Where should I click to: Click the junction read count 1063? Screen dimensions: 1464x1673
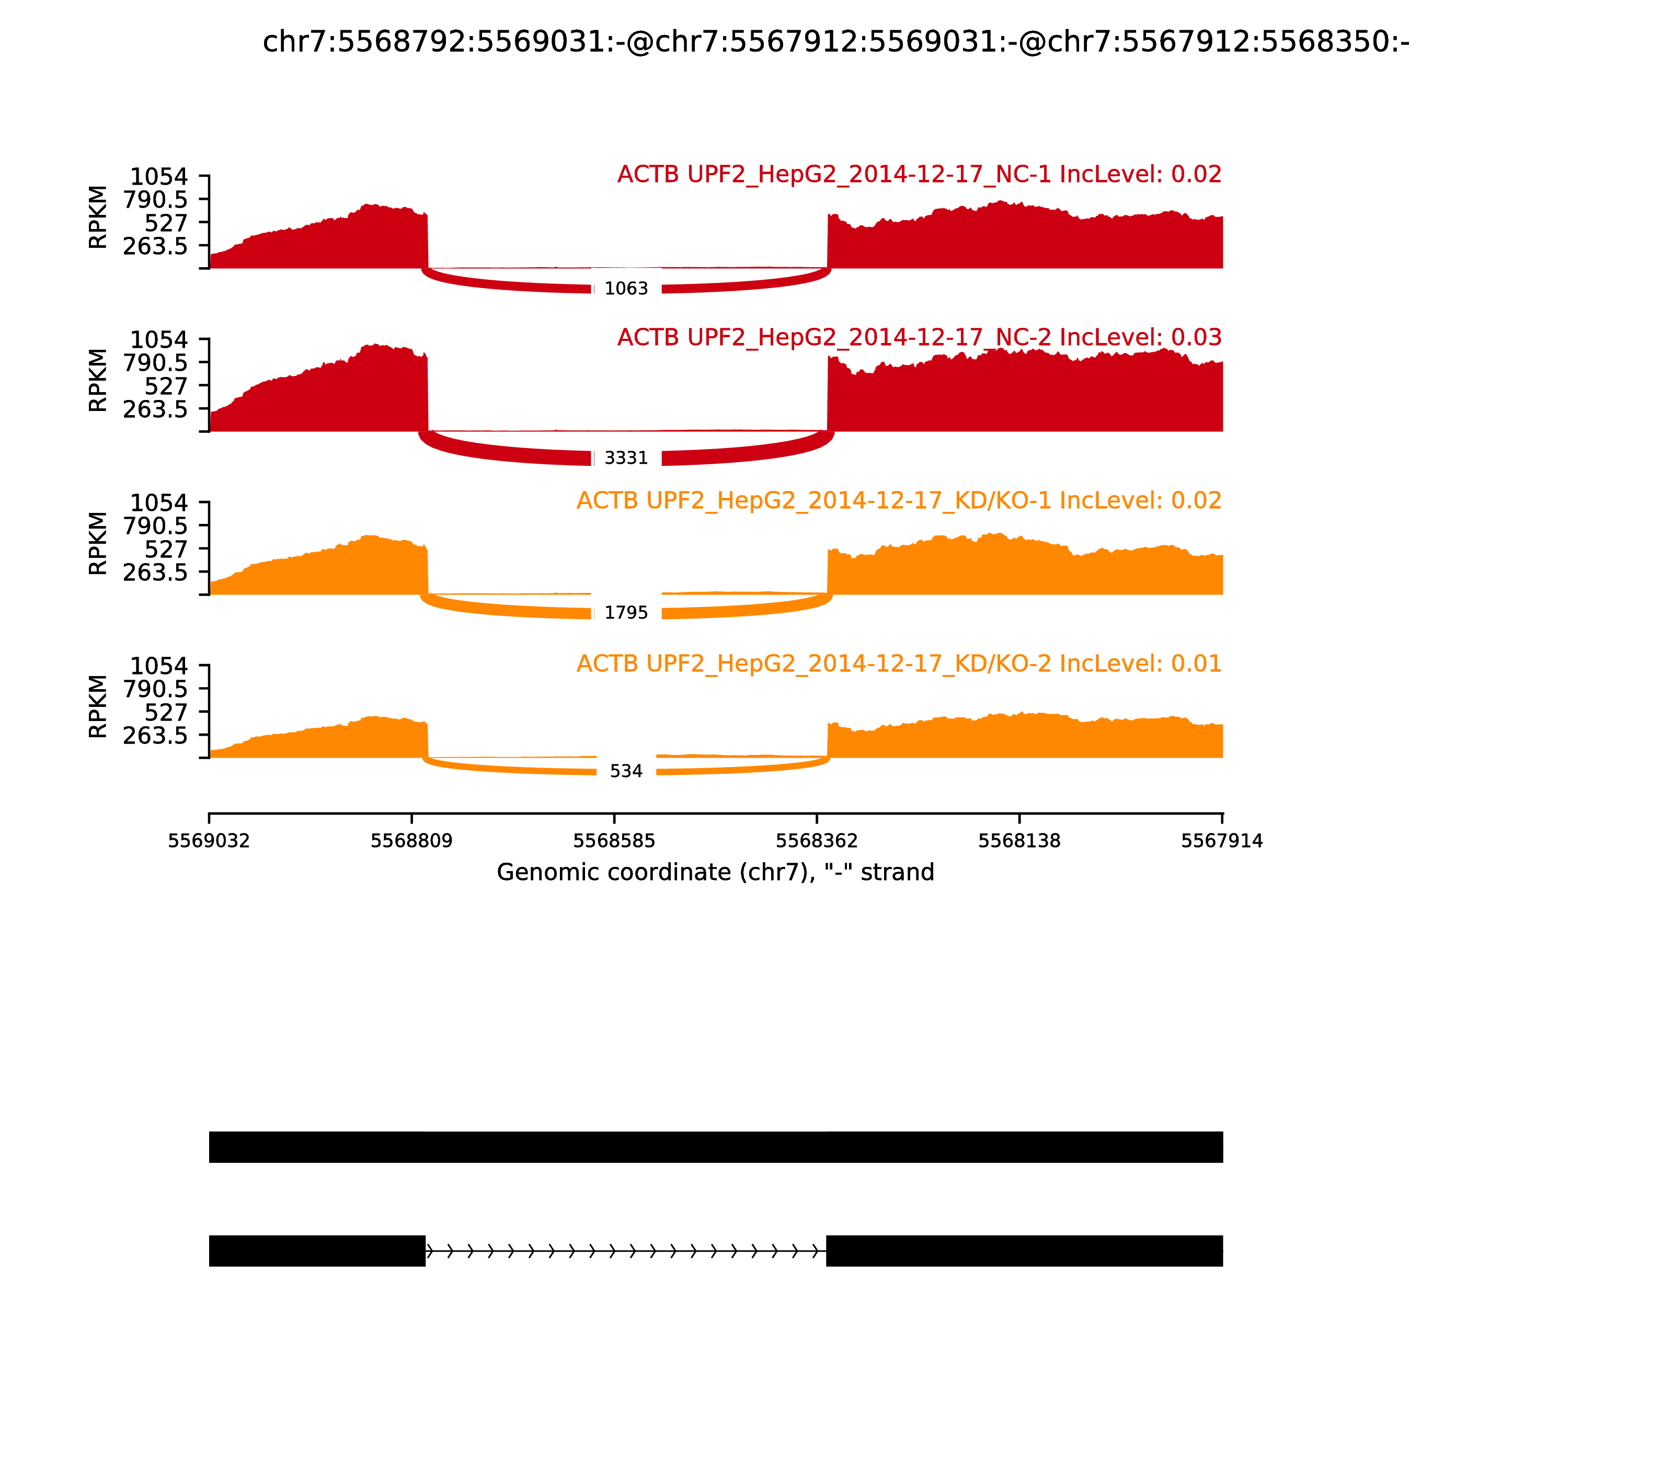coord(626,289)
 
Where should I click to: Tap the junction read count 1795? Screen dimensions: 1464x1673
coord(626,613)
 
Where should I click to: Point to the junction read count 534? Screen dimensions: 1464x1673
coord(626,771)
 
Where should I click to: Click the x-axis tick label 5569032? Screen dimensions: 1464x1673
coord(209,841)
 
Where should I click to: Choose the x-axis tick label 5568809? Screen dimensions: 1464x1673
coord(412,841)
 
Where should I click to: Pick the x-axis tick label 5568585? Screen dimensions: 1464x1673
coord(614,841)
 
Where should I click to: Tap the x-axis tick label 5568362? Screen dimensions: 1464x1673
coord(817,841)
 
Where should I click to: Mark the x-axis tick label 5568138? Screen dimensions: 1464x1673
coord(1019,841)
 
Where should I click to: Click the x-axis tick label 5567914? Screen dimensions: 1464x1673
coord(1222,841)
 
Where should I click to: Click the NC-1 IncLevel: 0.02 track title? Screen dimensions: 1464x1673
coord(919,175)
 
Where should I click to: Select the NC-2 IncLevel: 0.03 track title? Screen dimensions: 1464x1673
coord(919,337)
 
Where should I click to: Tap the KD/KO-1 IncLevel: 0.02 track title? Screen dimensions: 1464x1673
coord(899,501)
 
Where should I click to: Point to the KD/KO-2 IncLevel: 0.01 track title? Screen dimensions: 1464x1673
coord(899,664)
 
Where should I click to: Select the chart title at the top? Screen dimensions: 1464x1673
coord(835,42)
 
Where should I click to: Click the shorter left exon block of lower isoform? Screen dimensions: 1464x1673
coord(317,1251)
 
